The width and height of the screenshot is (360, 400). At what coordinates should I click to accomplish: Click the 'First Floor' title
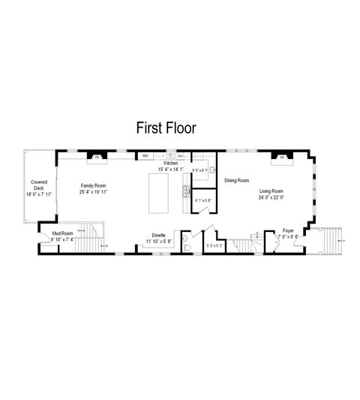[x=166, y=128]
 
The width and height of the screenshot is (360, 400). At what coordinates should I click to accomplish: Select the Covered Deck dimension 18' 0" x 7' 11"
[x=37, y=195]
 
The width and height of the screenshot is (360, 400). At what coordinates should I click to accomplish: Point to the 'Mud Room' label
[x=62, y=233]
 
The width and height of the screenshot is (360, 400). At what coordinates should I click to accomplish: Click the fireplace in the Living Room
[x=282, y=158]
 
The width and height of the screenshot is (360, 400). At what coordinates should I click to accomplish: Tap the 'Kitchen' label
[x=171, y=163]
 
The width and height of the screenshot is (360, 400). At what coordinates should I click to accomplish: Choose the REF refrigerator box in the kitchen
[x=146, y=156]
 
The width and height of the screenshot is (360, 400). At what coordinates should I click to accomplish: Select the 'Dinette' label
[x=158, y=235]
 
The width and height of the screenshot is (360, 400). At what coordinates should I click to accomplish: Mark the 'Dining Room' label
[x=237, y=181]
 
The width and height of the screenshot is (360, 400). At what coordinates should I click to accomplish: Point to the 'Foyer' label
[x=288, y=230]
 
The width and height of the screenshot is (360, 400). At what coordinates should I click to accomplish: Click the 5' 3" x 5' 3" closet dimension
[x=213, y=245]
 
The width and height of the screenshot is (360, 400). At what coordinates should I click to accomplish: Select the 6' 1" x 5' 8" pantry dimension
[x=203, y=200]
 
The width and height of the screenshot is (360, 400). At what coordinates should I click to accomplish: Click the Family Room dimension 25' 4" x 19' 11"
[x=95, y=191]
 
